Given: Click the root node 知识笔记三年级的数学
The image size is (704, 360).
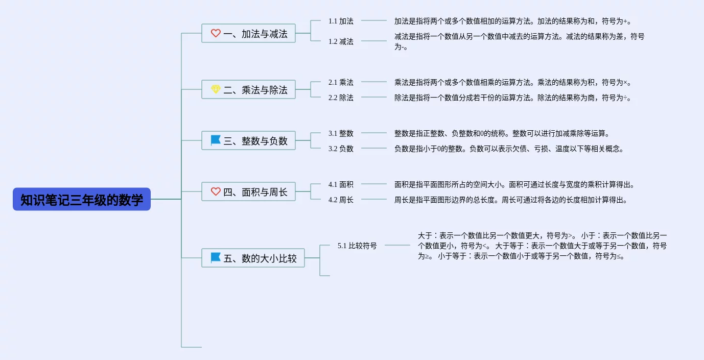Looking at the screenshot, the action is click(82, 199).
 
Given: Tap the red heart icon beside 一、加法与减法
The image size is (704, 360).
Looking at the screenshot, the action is click(216, 33).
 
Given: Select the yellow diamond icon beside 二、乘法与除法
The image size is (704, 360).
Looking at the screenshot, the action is click(216, 89).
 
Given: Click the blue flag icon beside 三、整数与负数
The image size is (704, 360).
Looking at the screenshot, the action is click(216, 140).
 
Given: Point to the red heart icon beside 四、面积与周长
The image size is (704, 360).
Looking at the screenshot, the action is click(216, 191).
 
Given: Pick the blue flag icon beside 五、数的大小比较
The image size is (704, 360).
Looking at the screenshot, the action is click(216, 257).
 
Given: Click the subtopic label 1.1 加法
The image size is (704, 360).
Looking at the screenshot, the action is click(341, 21).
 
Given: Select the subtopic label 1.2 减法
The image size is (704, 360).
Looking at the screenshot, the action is click(341, 41).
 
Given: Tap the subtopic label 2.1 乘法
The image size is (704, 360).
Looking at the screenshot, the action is click(341, 82).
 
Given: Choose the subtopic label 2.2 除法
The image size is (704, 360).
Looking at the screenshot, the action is click(341, 98).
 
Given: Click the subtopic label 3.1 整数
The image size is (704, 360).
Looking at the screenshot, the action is click(341, 133).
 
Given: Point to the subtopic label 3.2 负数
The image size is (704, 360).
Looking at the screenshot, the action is click(341, 149).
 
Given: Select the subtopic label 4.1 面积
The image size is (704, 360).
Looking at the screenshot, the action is click(341, 184).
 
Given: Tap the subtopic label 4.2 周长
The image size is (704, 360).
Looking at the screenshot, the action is click(341, 200).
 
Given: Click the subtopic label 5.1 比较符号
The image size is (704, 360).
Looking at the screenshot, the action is click(357, 246).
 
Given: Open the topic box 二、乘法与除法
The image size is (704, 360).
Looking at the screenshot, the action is click(248, 89).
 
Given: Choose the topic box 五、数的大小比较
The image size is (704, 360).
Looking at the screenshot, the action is click(253, 258).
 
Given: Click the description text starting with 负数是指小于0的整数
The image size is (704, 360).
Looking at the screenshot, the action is click(509, 149).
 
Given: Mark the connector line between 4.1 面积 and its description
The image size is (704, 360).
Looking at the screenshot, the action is click(374, 184).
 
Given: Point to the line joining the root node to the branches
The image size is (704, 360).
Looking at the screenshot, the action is click(166, 199).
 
